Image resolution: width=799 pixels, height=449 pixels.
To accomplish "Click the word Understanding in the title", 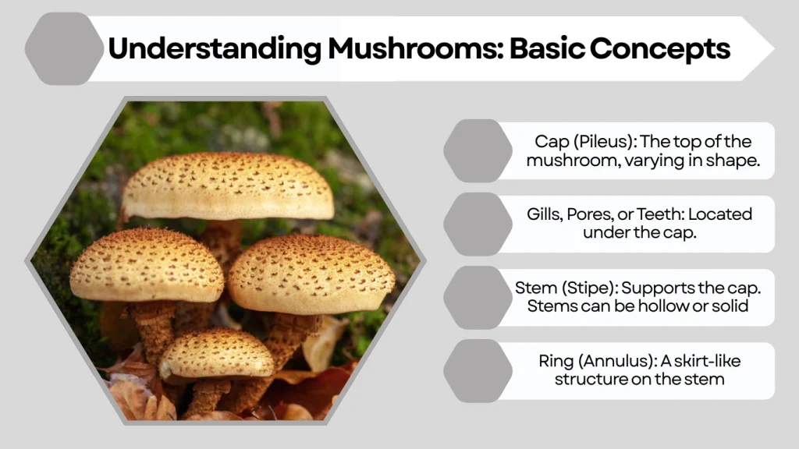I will (x=213, y=49).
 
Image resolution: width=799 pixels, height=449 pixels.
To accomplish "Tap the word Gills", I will (x=542, y=214).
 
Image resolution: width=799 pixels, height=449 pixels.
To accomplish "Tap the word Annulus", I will (x=617, y=362).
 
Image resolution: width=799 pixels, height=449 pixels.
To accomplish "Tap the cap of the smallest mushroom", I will (x=216, y=353).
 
